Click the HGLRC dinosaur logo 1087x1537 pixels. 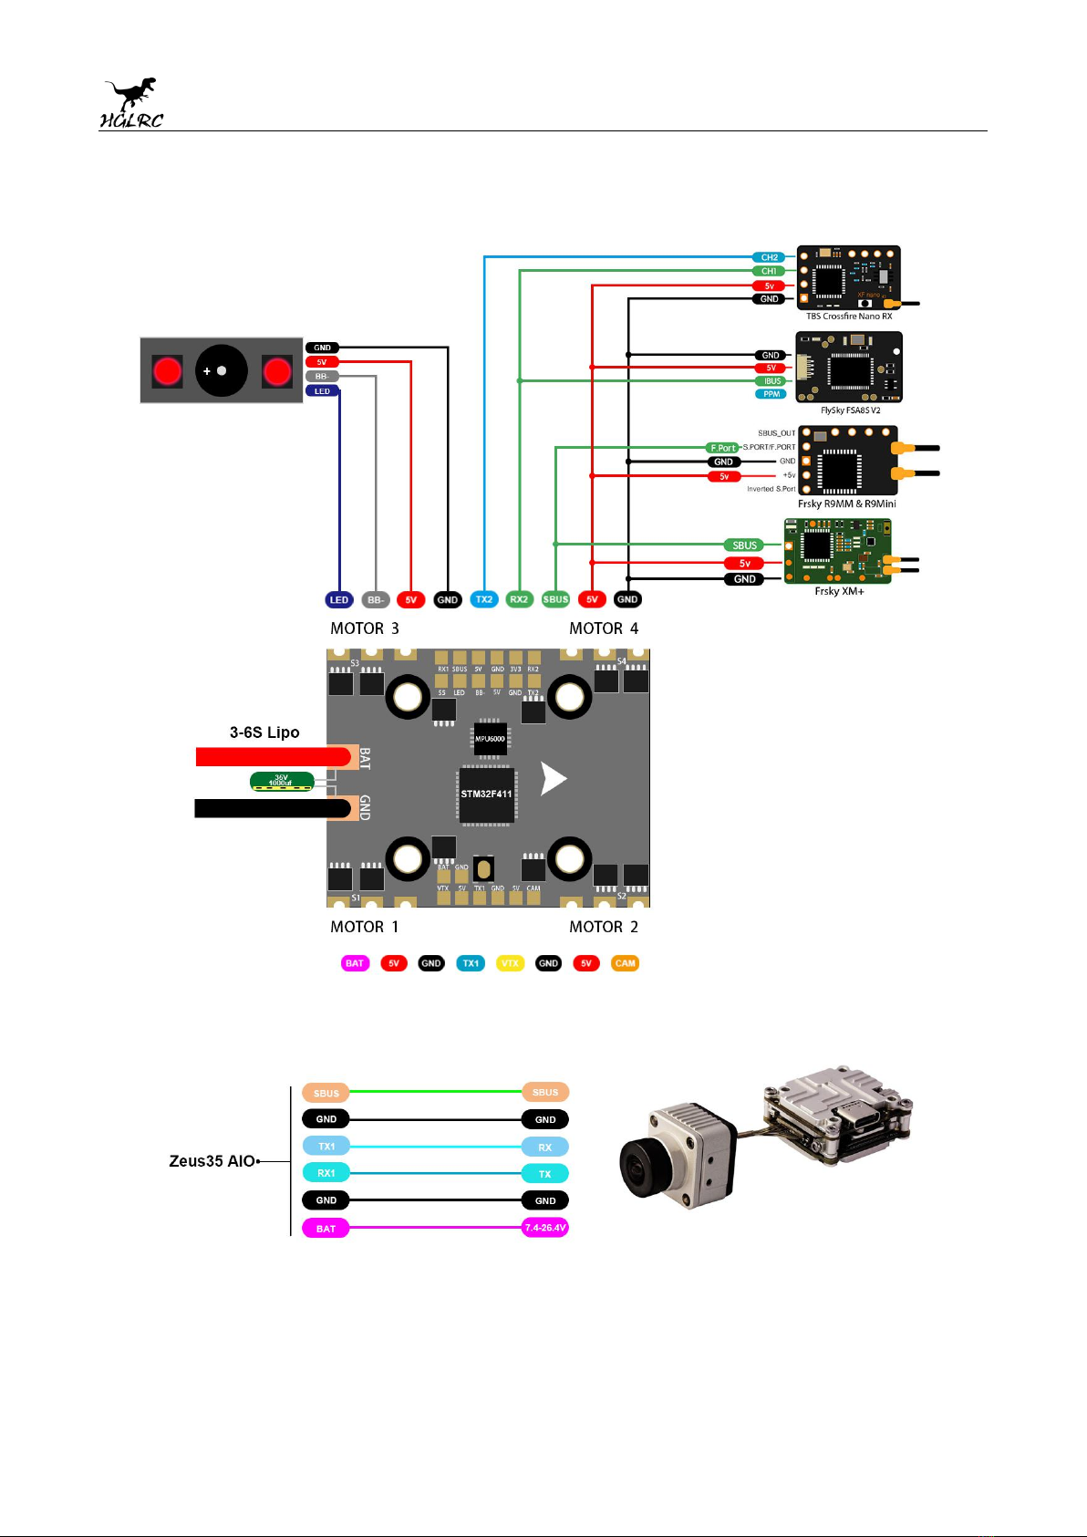pyautogui.click(x=131, y=103)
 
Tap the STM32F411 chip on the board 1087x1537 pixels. pyautogui.click(x=486, y=794)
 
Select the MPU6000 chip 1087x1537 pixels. pyautogui.click(x=490, y=739)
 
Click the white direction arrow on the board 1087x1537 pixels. pyautogui.click(x=553, y=779)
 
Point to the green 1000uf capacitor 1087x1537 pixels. pyautogui.click(x=282, y=782)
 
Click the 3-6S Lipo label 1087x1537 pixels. pyautogui.click(x=264, y=732)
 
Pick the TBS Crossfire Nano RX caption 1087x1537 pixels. pyautogui.click(x=849, y=317)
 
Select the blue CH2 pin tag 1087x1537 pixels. pyautogui.click(x=769, y=257)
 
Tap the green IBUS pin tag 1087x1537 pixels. pyautogui.click(x=771, y=381)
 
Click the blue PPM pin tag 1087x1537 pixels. pyautogui.click(x=771, y=394)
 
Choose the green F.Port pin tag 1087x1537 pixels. pyautogui.click(x=723, y=448)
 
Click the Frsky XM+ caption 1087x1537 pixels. pyautogui.click(x=839, y=591)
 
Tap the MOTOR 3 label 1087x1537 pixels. pyautogui.click(x=365, y=628)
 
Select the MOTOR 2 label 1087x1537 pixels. pyautogui.click(x=604, y=927)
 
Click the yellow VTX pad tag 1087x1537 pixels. pyautogui.click(x=510, y=963)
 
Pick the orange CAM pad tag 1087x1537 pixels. pyautogui.click(x=625, y=963)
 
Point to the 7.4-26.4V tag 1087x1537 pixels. pyautogui.click(x=545, y=1228)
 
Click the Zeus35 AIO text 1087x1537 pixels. pyautogui.click(x=212, y=1161)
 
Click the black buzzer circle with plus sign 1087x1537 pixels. pyautogui.click(x=222, y=371)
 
